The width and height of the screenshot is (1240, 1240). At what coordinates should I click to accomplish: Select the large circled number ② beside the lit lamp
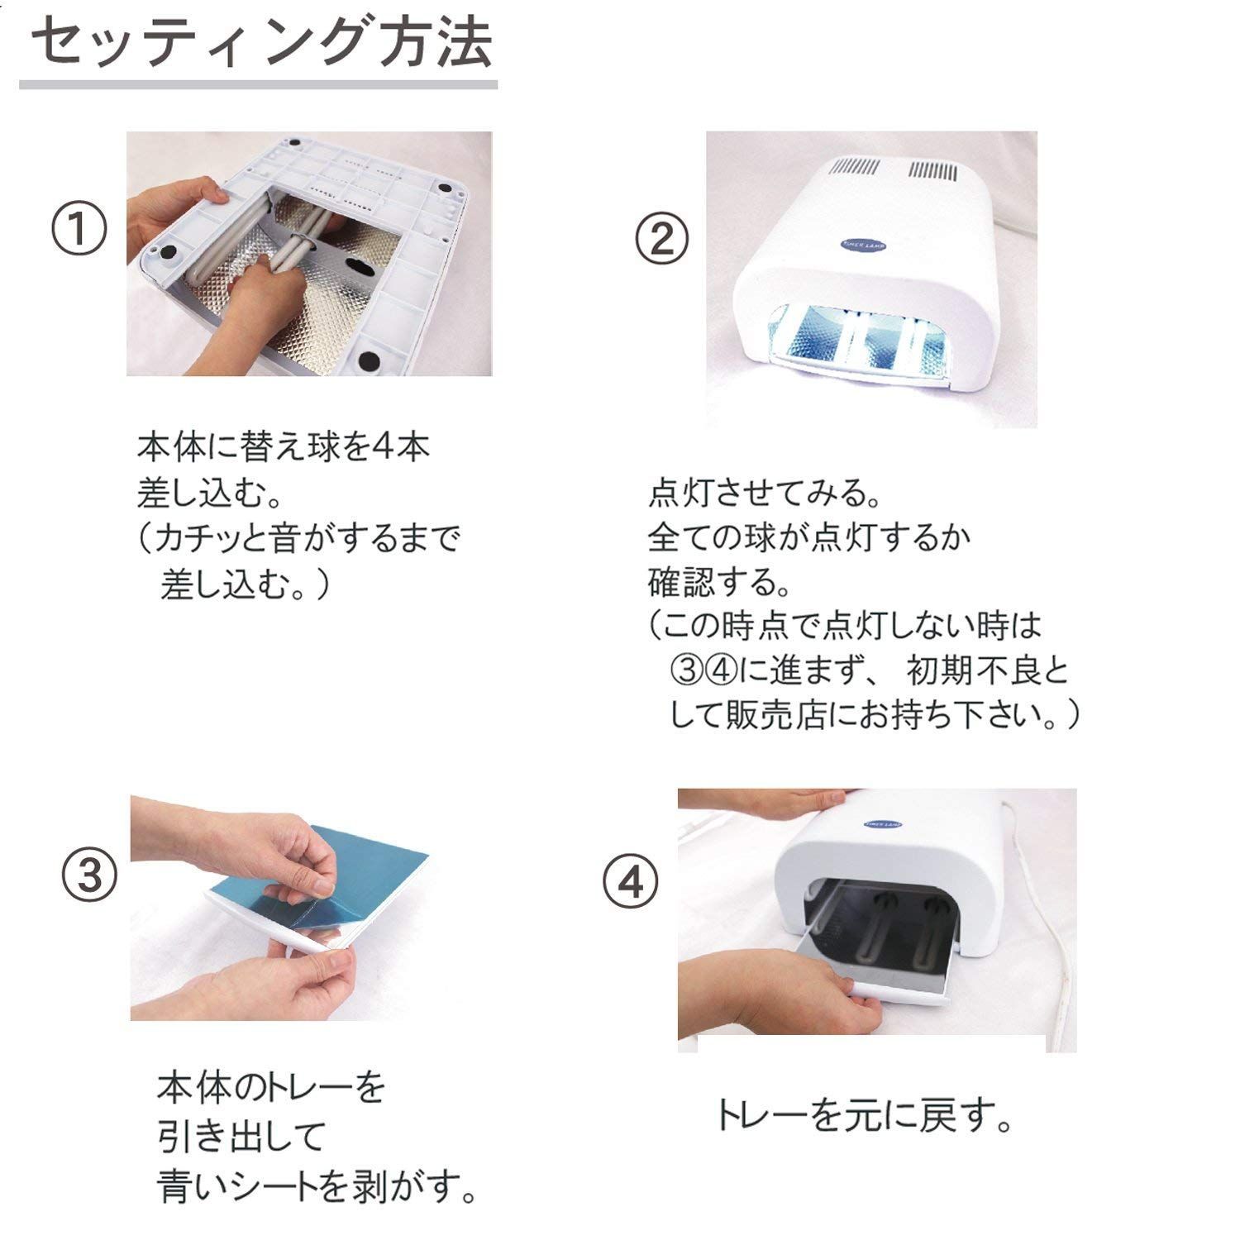(x=661, y=240)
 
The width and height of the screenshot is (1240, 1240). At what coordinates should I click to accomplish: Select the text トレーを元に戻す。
(x=864, y=1117)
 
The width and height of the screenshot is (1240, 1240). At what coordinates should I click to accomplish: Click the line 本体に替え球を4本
(x=284, y=447)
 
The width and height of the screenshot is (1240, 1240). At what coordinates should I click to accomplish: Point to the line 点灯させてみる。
(x=765, y=494)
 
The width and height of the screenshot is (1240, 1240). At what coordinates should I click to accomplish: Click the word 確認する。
(x=719, y=583)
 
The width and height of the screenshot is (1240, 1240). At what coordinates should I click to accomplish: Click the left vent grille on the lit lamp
(x=855, y=169)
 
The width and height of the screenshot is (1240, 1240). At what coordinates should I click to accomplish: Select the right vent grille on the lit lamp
(x=933, y=172)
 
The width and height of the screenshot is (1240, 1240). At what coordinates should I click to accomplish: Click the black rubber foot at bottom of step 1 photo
(x=368, y=360)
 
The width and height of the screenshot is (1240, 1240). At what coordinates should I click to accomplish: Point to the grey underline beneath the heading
(x=258, y=84)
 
